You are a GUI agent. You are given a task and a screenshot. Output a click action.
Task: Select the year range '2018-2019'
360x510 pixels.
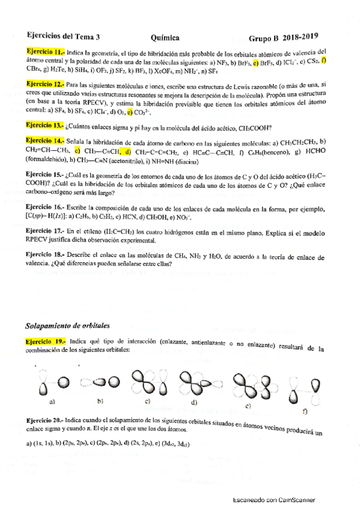(300, 36)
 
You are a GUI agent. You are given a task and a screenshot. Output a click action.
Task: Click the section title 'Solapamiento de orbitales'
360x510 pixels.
(67, 326)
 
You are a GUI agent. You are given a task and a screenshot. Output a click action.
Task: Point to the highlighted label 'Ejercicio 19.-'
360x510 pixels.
(46, 341)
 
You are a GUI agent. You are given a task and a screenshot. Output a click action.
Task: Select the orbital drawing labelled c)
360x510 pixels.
(144, 381)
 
